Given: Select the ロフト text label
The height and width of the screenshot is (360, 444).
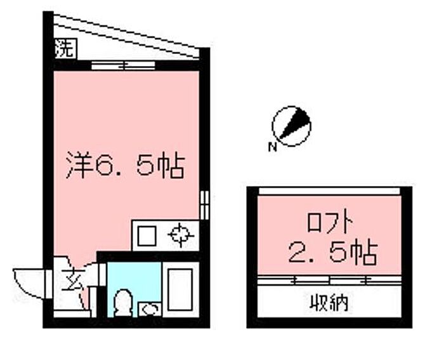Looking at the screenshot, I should (329, 223).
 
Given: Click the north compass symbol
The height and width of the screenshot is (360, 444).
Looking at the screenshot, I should (291, 125).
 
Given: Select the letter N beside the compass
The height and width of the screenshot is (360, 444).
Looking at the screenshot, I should (271, 149).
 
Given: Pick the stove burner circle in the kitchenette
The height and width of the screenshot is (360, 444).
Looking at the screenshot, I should (180, 236).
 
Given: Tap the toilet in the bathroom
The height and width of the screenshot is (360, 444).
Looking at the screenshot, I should (122, 303).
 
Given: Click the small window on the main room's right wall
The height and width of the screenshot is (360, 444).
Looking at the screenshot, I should (204, 204).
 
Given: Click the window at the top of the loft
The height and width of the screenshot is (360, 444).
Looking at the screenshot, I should (329, 191).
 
